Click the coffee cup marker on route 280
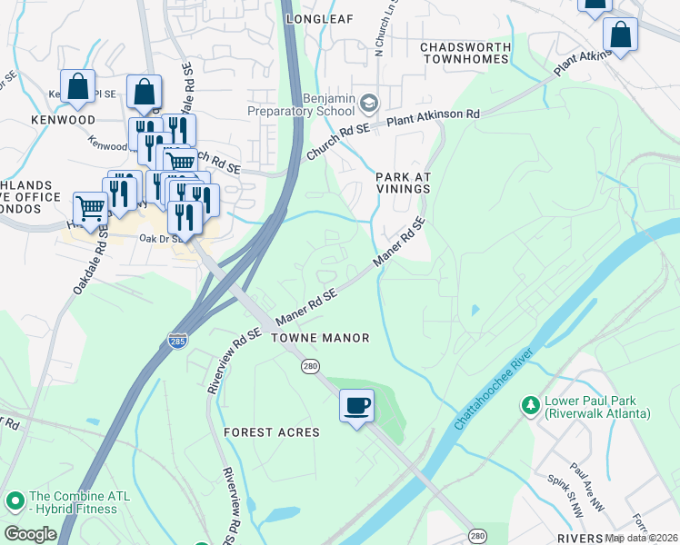(x=356, y=404)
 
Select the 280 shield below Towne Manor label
(x=310, y=365)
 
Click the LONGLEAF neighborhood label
(x=318, y=18)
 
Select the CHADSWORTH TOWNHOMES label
(x=464, y=52)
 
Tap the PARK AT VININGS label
(x=402, y=183)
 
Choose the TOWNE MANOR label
(x=320, y=338)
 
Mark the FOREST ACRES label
(x=272, y=432)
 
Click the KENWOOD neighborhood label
(x=63, y=120)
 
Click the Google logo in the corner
(x=29, y=534)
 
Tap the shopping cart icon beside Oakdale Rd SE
(x=90, y=208)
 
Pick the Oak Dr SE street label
(x=160, y=239)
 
